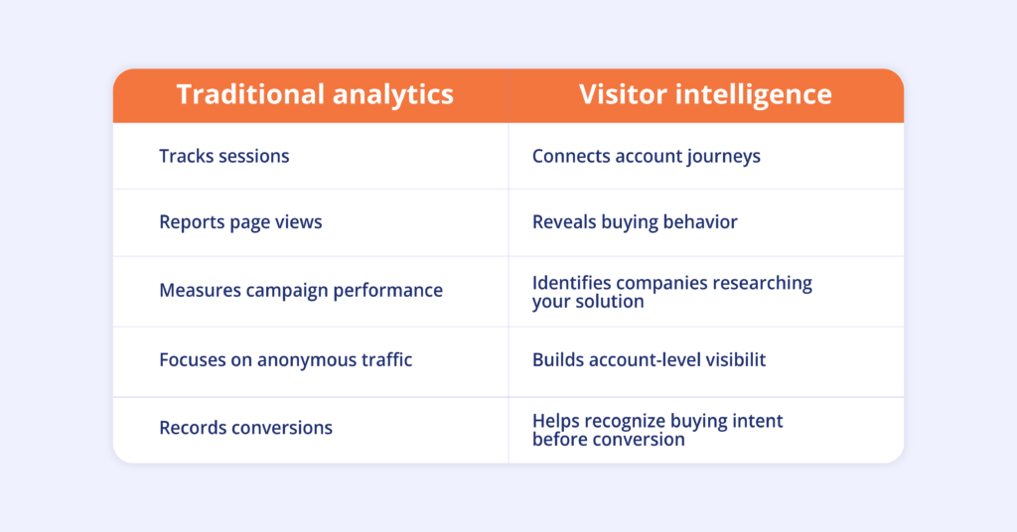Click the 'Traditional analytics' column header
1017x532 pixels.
coord(315,94)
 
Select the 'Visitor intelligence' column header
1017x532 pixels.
coord(706,94)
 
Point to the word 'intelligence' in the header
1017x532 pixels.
coord(754,95)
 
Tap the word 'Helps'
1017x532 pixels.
coord(556,422)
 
